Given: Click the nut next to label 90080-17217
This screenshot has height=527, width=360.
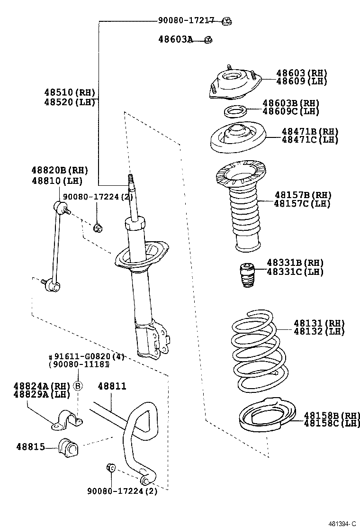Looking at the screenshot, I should click(226, 20).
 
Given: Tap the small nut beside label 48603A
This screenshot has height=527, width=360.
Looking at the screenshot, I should click(209, 40).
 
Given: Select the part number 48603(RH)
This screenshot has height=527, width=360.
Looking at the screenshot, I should click(302, 73).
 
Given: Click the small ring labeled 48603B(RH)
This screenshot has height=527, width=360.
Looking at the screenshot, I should click(234, 112).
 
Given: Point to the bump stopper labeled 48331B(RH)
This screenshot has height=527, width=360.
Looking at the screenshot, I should click(245, 274).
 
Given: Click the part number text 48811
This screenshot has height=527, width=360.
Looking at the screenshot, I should click(112, 386).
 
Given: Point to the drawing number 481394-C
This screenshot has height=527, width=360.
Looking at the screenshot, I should click(342, 523).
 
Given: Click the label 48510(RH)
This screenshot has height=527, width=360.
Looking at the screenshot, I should click(70, 92).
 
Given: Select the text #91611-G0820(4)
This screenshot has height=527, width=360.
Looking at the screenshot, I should click(86, 356).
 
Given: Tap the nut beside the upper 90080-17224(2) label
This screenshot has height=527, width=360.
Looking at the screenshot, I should click(99, 228).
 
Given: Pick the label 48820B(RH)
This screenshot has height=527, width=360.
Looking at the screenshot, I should click(60, 171).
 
